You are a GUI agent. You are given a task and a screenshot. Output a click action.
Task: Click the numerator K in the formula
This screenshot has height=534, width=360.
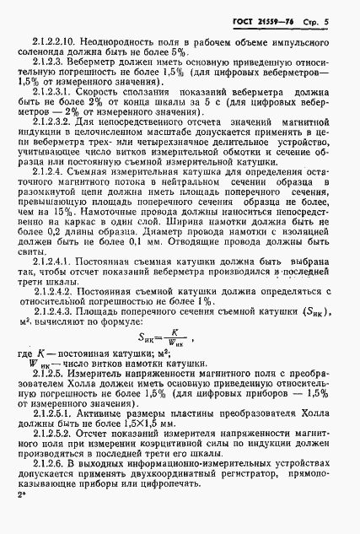point(196,379)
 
